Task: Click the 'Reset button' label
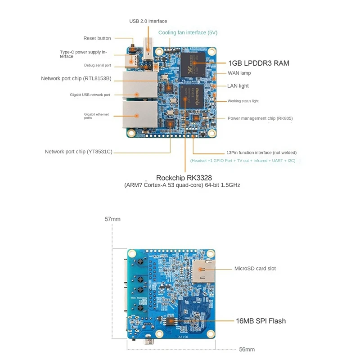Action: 97,38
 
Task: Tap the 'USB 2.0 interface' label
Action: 148,21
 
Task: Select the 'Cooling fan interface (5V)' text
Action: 188,32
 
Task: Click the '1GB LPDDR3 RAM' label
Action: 258,63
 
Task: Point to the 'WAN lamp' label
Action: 239,73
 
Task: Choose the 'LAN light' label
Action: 238,85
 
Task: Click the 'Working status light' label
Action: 243,101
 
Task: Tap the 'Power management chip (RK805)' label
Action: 260,118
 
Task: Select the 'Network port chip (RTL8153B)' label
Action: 76,78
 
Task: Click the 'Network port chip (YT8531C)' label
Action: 78,152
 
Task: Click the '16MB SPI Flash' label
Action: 261,321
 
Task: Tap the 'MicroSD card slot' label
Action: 255,268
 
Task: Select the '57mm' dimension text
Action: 112,219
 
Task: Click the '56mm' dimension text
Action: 247,349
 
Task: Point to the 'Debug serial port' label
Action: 97,65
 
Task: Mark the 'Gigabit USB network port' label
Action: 90,95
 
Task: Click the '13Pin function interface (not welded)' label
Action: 261,152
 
